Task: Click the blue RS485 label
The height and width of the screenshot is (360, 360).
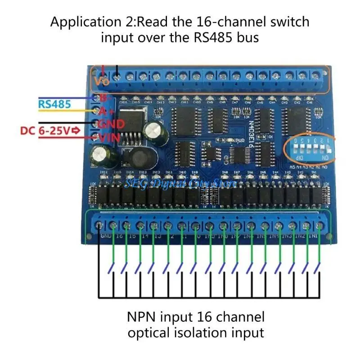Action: tap(55, 104)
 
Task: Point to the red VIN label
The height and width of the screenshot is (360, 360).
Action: tap(108, 138)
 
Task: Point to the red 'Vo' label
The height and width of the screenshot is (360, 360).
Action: tap(102, 81)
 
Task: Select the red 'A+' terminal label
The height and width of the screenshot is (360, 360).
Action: tap(103, 111)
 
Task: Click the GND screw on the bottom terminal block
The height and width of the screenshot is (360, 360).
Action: tap(99, 225)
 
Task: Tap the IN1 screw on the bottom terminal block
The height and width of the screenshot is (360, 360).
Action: tap(320, 225)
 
